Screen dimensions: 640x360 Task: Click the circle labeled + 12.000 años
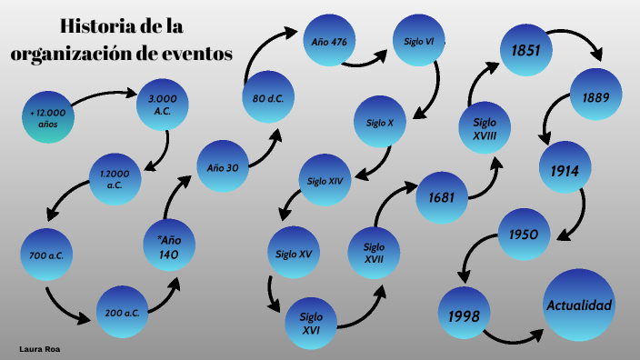48,116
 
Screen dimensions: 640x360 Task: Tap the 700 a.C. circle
45,255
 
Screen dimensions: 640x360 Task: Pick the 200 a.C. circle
121,312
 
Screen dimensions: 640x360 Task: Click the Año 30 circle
223,167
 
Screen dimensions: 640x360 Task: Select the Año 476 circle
328,42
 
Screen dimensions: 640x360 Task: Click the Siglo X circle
380,122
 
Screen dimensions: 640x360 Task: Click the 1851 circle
526,49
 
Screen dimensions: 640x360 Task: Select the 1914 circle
565,168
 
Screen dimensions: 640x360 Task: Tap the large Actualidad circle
578,305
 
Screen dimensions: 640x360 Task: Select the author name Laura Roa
39,348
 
